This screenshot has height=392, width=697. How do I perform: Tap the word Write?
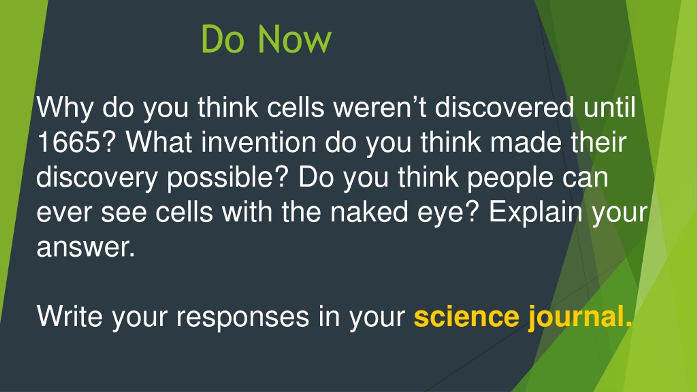(x=70, y=316)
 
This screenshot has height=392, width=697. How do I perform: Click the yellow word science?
(x=466, y=316)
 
